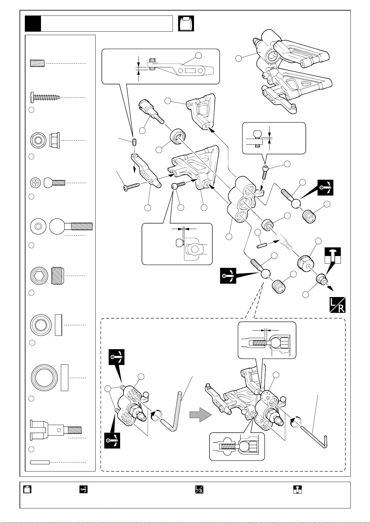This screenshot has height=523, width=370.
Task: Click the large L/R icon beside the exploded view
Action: tap(337, 305)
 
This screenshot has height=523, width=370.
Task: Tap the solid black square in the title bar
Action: tap(33, 24)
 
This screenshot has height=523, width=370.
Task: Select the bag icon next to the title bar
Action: tap(186, 23)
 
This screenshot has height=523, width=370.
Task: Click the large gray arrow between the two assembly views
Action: tap(200, 414)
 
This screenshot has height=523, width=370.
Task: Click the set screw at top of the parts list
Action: tap(37, 63)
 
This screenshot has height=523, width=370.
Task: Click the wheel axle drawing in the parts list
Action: tap(56, 430)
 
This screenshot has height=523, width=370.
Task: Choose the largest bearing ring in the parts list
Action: tap(44, 377)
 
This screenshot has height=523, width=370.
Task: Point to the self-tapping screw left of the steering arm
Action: tap(131, 187)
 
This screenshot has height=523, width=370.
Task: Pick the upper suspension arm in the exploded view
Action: tap(201, 111)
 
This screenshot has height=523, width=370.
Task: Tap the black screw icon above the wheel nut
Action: tap(333, 255)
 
